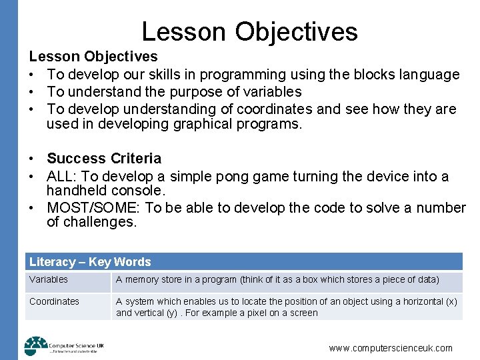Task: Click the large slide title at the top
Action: (x=249, y=31)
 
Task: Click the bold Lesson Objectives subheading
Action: (x=93, y=57)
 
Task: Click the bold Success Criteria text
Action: (x=104, y=159)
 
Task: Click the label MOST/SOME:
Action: (x=93, y=208)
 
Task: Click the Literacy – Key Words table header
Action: (x=90, y=262)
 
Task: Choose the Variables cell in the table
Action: (x=49, y=280)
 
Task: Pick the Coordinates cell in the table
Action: (x=54, y=301)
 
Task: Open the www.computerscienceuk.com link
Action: (x=391, y=348)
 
